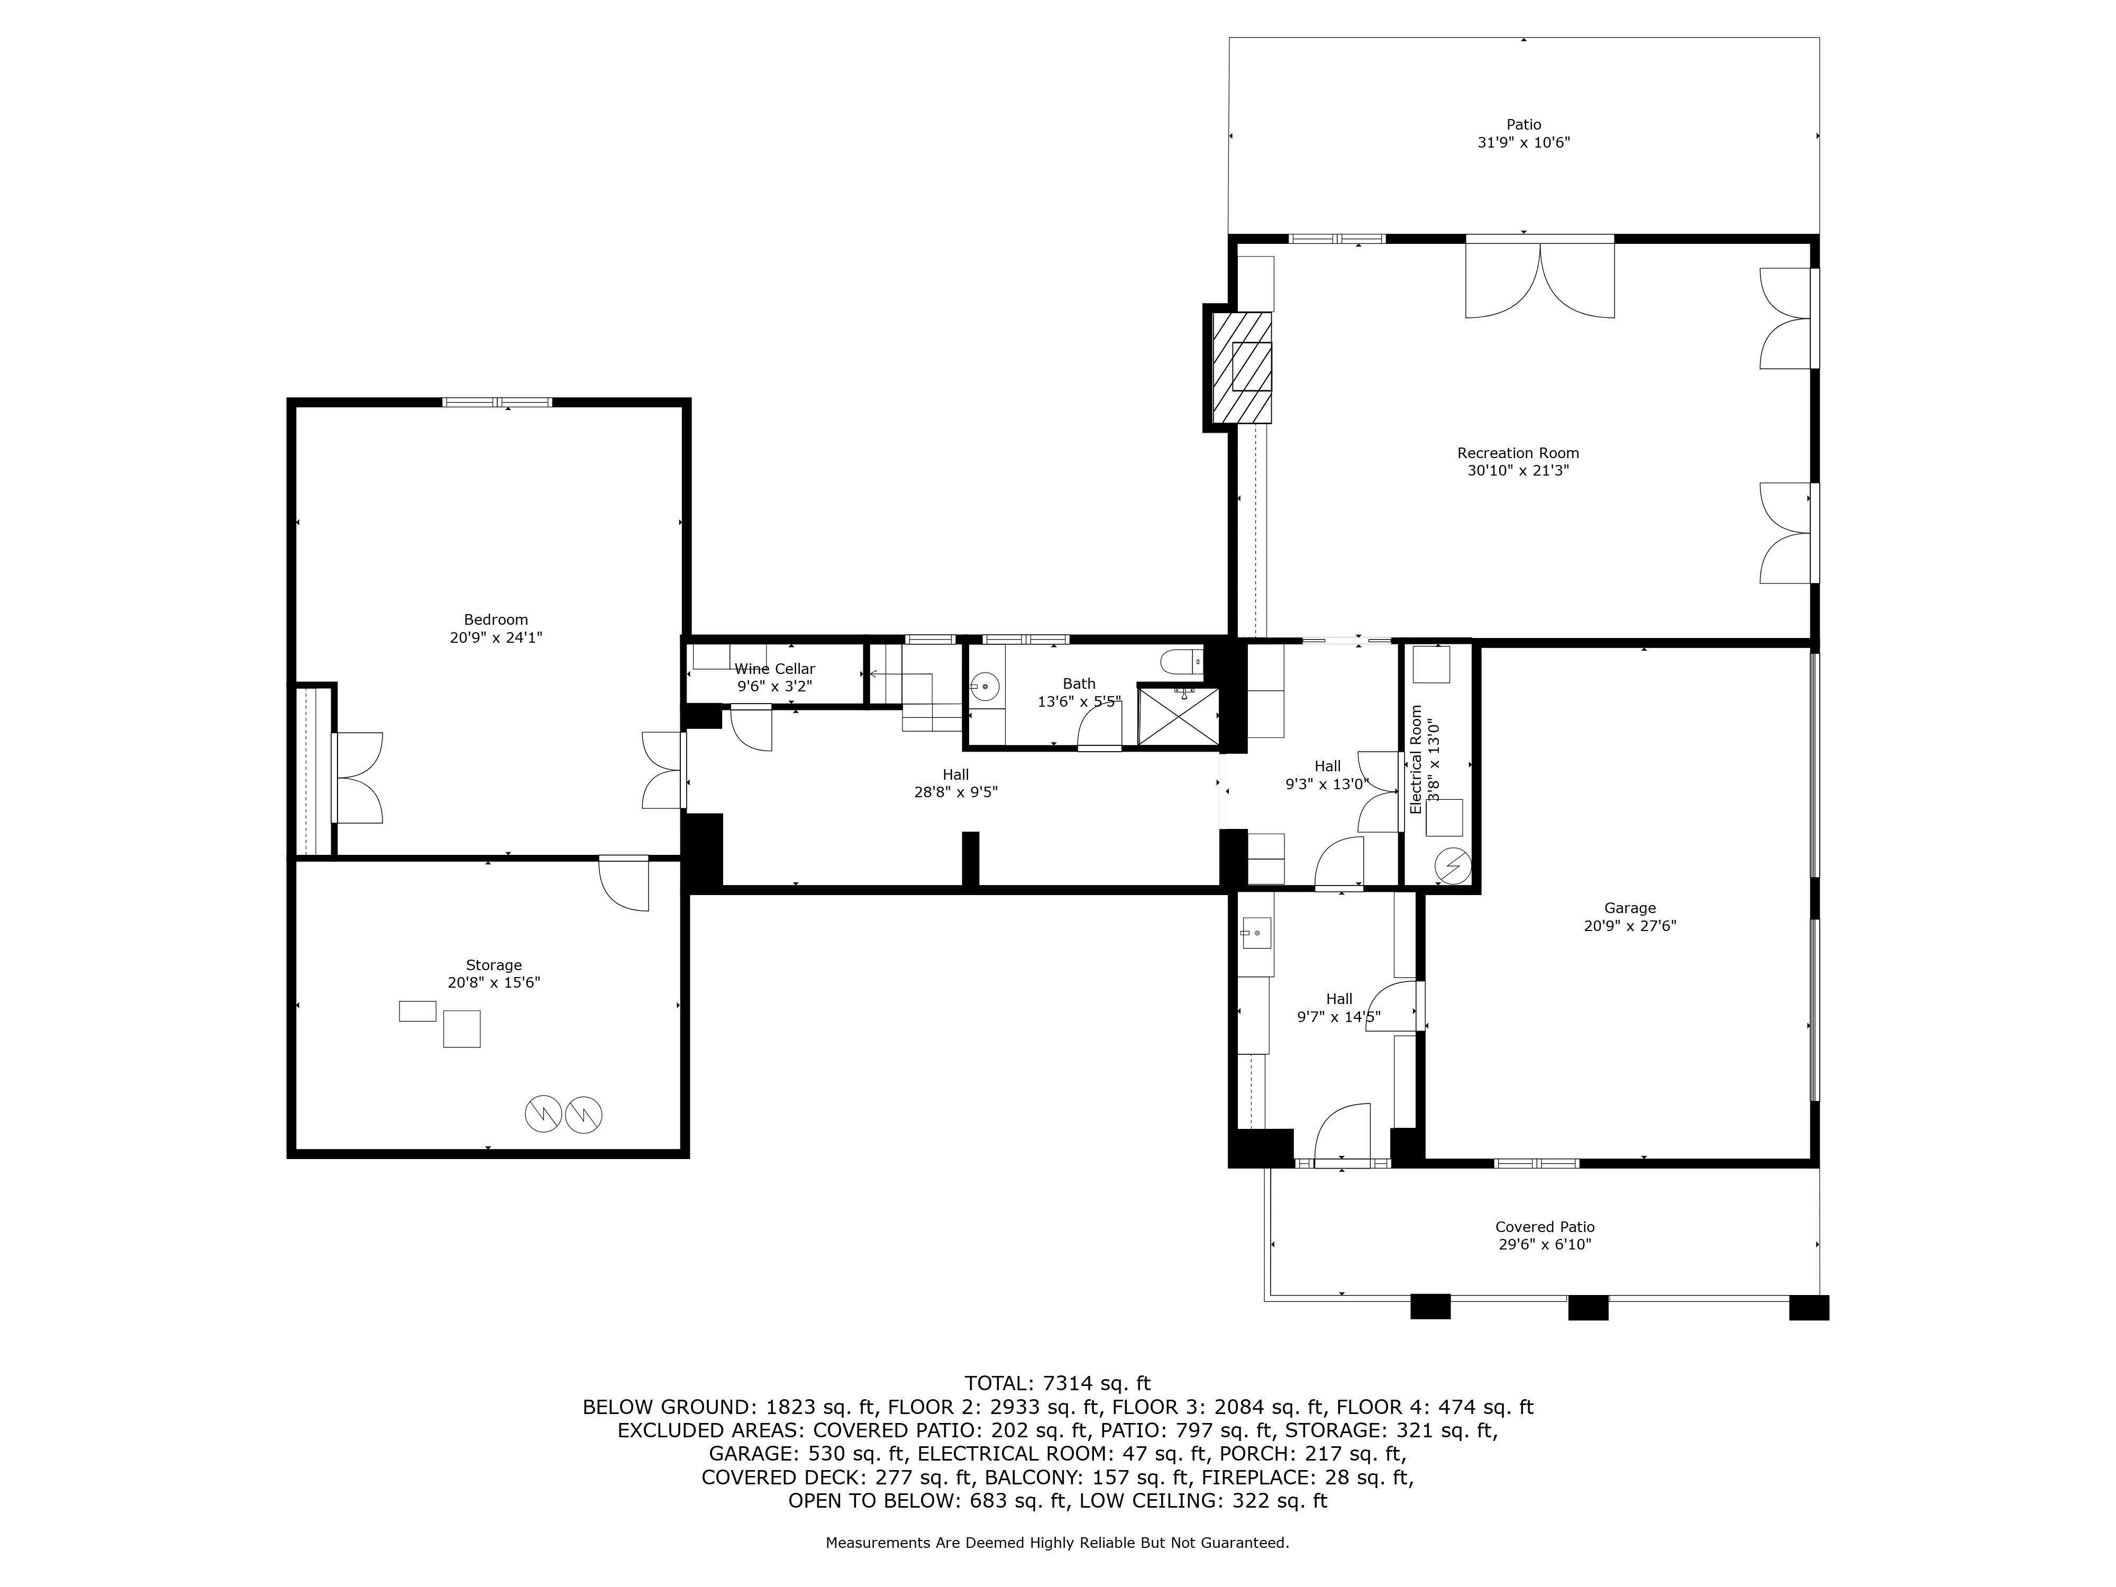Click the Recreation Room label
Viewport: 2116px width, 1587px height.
1518,453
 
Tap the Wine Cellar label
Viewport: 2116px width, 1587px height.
775,669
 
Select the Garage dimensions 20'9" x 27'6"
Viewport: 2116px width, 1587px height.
1630,926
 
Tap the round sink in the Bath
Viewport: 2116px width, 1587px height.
984,687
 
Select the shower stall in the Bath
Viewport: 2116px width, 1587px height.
1179,716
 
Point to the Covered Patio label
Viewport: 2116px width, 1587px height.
1545,1227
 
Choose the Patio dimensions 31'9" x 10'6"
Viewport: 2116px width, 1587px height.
1524,142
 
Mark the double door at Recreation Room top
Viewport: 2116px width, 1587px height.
1540,277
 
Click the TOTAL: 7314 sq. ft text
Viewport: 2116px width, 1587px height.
1057,1383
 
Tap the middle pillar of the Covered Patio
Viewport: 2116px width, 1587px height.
1588,1308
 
